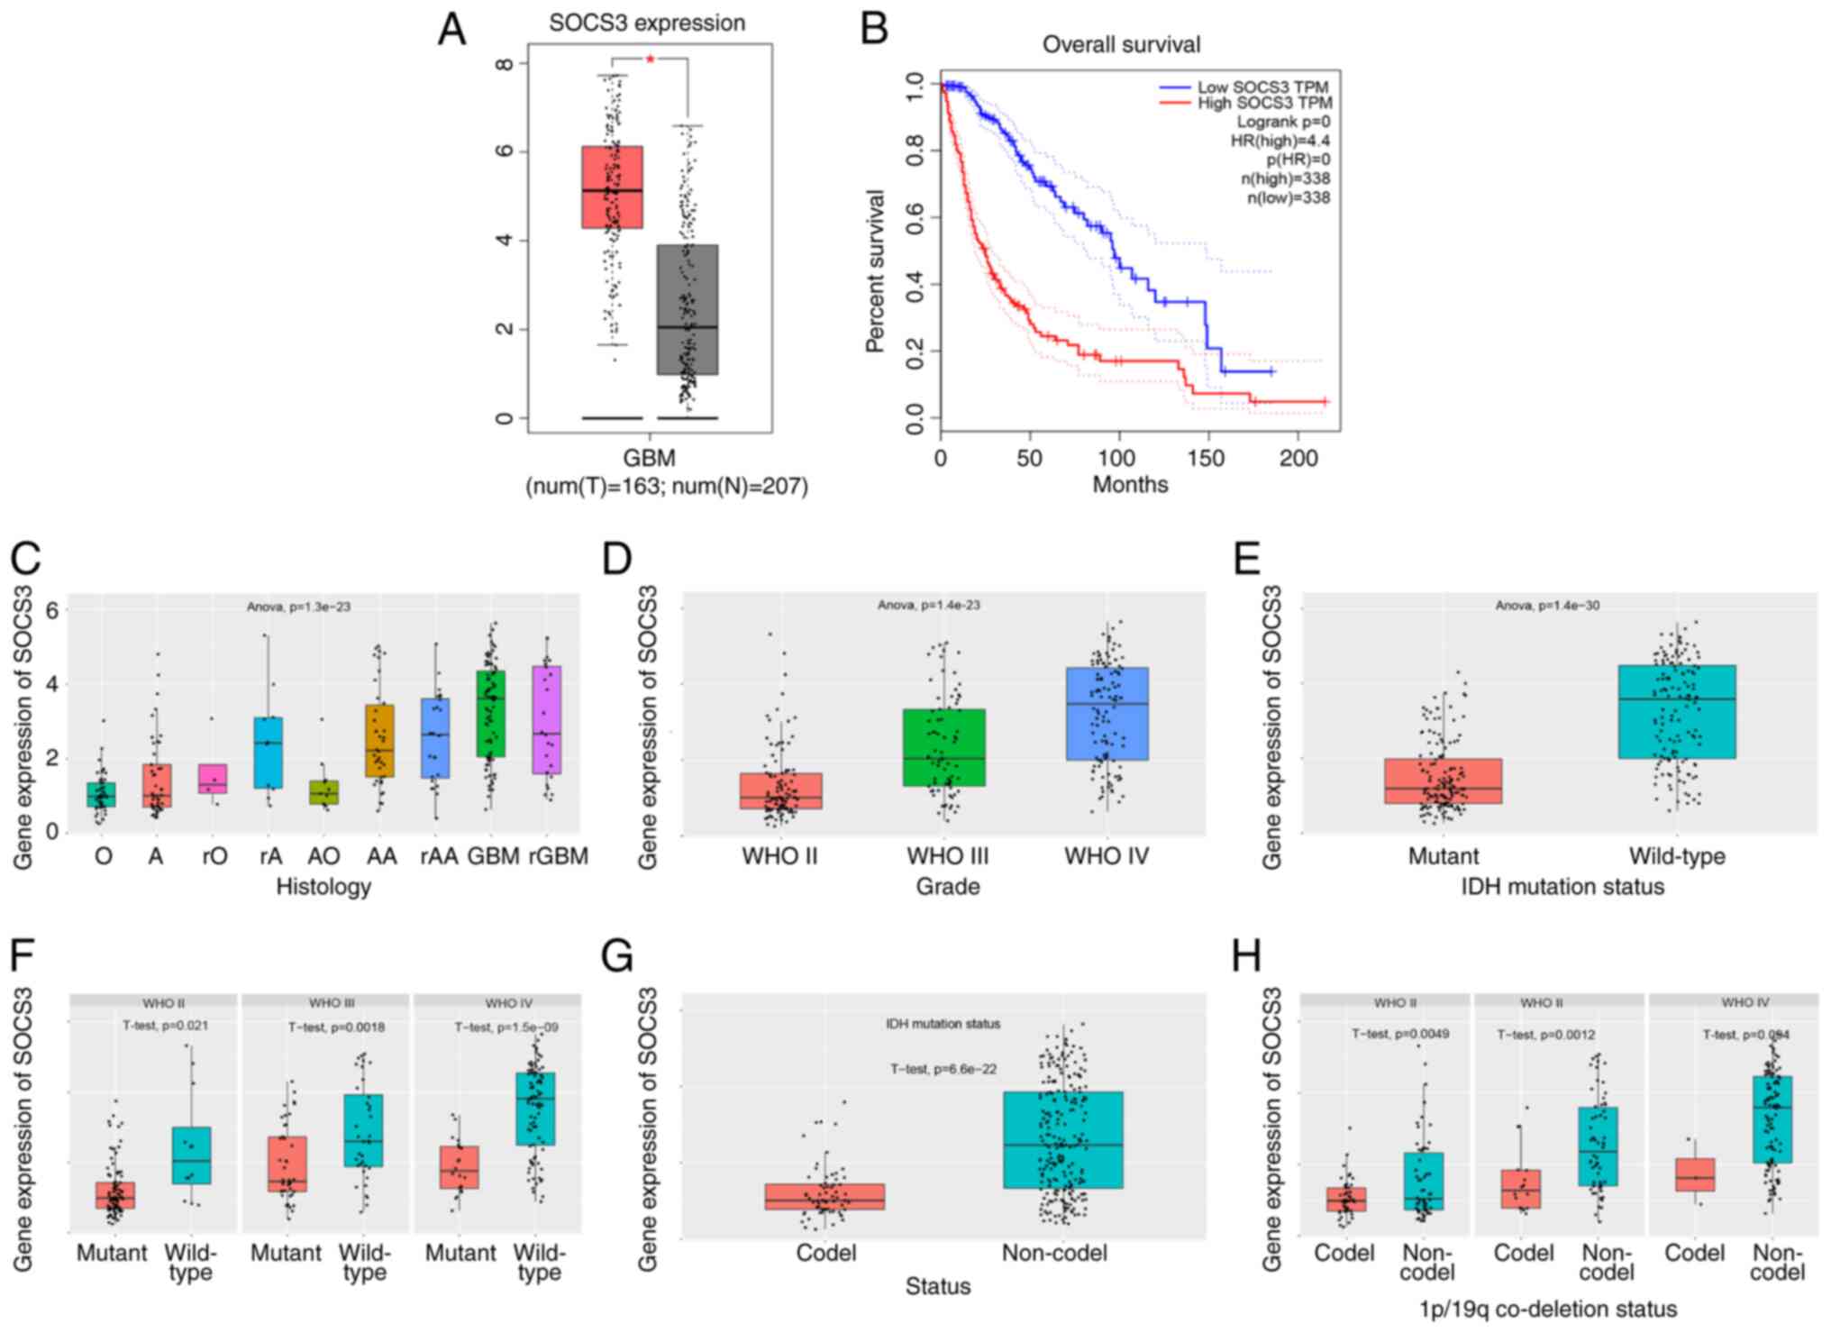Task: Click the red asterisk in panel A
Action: point(650,59)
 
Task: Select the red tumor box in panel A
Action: point(612,187)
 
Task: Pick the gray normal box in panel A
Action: point(688,308)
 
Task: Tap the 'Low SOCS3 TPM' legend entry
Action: point(1262,87)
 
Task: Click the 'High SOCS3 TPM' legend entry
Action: point(1263,104)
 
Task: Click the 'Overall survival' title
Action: point(1121,44)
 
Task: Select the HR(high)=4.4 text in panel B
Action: point(1280,141)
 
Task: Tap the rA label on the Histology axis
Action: point(270,856)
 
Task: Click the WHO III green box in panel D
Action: point(944,747)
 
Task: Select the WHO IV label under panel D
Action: point(1107,856)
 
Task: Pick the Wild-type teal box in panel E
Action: point(1677,711)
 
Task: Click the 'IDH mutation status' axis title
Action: point(1562,887)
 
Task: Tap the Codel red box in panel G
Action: point(824,1196)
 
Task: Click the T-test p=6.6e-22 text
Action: point(943,1069)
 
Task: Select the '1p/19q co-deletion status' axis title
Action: point(1548,1309)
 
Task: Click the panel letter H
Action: point(1246,957)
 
